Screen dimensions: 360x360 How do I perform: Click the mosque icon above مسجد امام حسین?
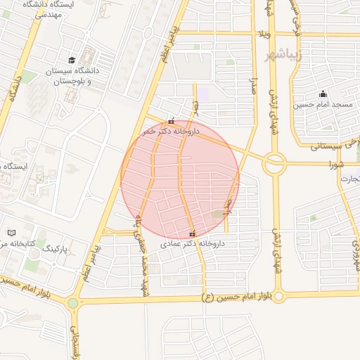(x=323, y=94)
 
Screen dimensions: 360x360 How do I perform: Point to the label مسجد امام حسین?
(x=323, y=105)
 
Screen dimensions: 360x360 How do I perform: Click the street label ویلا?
(x=264, y=34)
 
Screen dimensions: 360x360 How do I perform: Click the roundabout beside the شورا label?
(x=274, y=165)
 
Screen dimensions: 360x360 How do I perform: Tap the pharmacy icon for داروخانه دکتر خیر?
(x=172, y=121)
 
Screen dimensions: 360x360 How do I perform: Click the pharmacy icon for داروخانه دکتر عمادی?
(x=192, y=234)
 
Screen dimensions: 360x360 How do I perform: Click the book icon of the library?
(x=11, y=233)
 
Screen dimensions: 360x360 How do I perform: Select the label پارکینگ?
(x=53, y=249)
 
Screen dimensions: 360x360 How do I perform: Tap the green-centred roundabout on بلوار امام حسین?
(x=73, y=303)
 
